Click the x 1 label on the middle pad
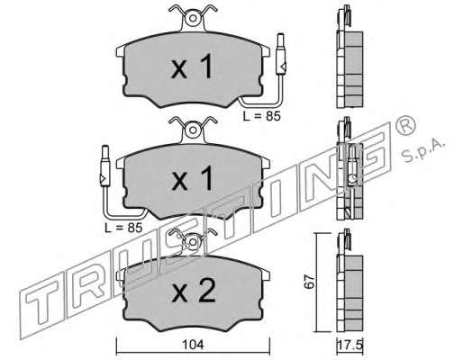click(x=193, y=179)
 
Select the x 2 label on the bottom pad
click(x=194, y=291)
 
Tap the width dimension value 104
click(x=194, y=345)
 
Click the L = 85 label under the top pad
click(x=261, y=116)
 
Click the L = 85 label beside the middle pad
click(x=123, y=228)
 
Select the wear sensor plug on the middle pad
click(x=105, y=166)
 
